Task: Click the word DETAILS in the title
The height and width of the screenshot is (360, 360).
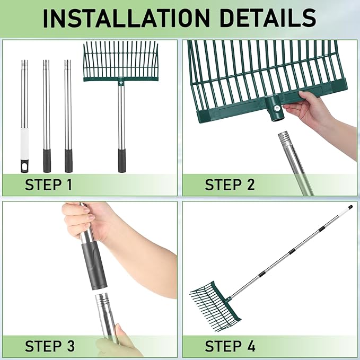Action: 268,18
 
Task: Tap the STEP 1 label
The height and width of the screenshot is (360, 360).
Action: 48,185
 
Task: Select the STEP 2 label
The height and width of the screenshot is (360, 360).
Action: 230,185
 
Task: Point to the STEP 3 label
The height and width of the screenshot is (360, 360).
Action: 50,346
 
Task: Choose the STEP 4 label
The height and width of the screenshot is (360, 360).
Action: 230,346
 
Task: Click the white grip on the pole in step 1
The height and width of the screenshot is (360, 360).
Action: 25,144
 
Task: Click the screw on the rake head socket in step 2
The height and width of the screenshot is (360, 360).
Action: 277,108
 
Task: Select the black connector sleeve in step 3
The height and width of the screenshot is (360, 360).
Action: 94,264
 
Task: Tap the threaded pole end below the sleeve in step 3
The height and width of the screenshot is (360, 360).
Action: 101,298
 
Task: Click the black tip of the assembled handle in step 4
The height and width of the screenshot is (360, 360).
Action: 350,207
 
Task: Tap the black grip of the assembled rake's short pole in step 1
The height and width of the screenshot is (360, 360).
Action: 122,161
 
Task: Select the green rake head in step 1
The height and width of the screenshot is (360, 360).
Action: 121,62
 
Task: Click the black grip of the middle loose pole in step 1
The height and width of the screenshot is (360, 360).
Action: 47,161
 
